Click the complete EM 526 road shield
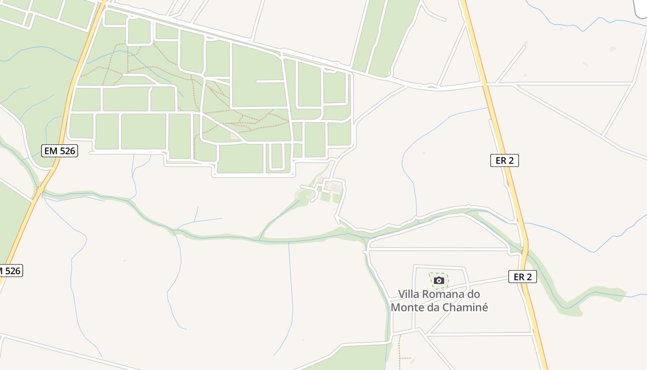(60, 150)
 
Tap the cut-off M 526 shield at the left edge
(11, 271)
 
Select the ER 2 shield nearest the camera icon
(522, 277)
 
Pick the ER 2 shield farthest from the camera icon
(504, 160)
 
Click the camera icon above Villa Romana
(439, 280)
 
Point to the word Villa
(409, 294)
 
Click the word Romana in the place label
(443, 294)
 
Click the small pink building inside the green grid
(235, 136)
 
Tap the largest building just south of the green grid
(336, 187)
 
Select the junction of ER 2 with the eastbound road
(485, 85)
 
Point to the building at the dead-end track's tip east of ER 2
(525, 43)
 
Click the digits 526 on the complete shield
(66, 150)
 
